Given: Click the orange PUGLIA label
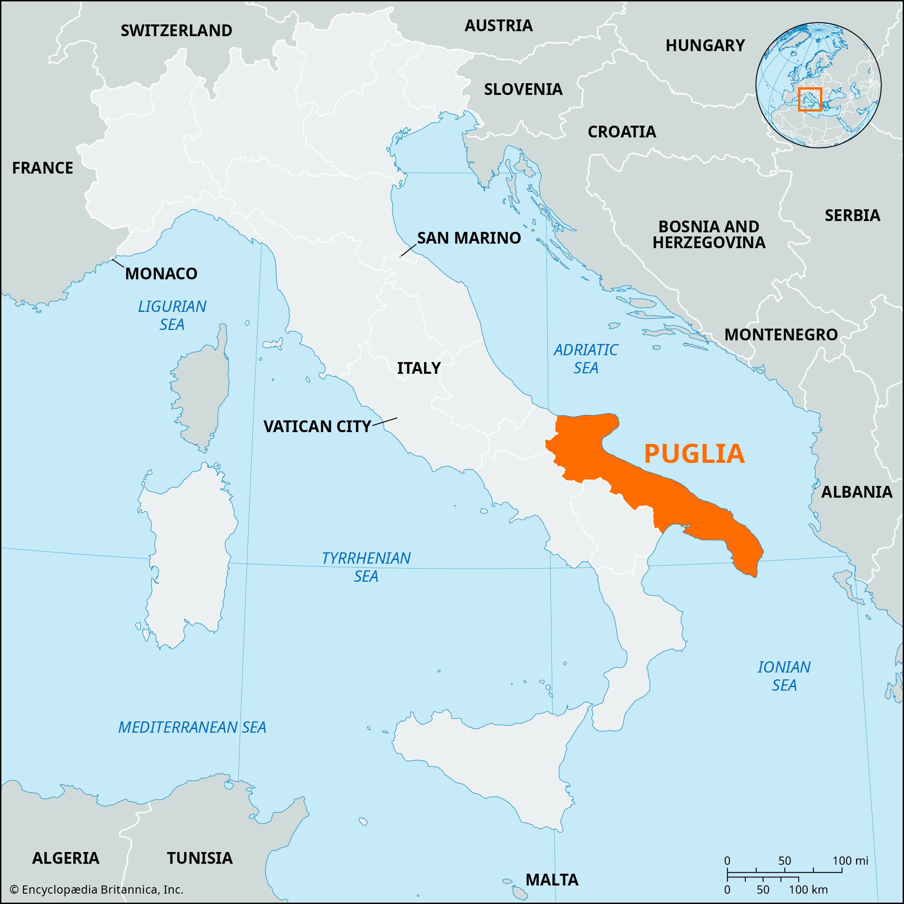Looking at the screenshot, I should click(x=694, y=453).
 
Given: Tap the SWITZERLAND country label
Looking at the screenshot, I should click(x=176, y=30).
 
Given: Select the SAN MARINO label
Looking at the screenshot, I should click(x=469, y=238).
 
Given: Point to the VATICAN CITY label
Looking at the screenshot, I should click(x=317, y=426).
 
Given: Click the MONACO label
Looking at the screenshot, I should click(x=161, y=274).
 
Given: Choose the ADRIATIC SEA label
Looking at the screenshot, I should click(x=586, y=358).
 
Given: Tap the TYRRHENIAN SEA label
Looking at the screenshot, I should click(x=366, y=567).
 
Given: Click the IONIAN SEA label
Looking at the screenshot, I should click(x=784, y=676).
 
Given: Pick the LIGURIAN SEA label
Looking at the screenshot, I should click(x=172, y=315).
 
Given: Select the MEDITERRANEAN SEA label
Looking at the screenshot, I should click(x=192, y=727).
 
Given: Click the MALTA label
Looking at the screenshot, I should click(x=552, y=880).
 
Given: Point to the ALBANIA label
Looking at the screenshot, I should click(x=857, y=492).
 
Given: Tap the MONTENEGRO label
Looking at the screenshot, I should click(x=781, y=334).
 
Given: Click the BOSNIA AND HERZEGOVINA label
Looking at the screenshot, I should click(x=709, y=235).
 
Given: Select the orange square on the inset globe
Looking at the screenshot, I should click(x=810, y=99).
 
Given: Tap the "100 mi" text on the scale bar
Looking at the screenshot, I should click(x=851, y=861).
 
